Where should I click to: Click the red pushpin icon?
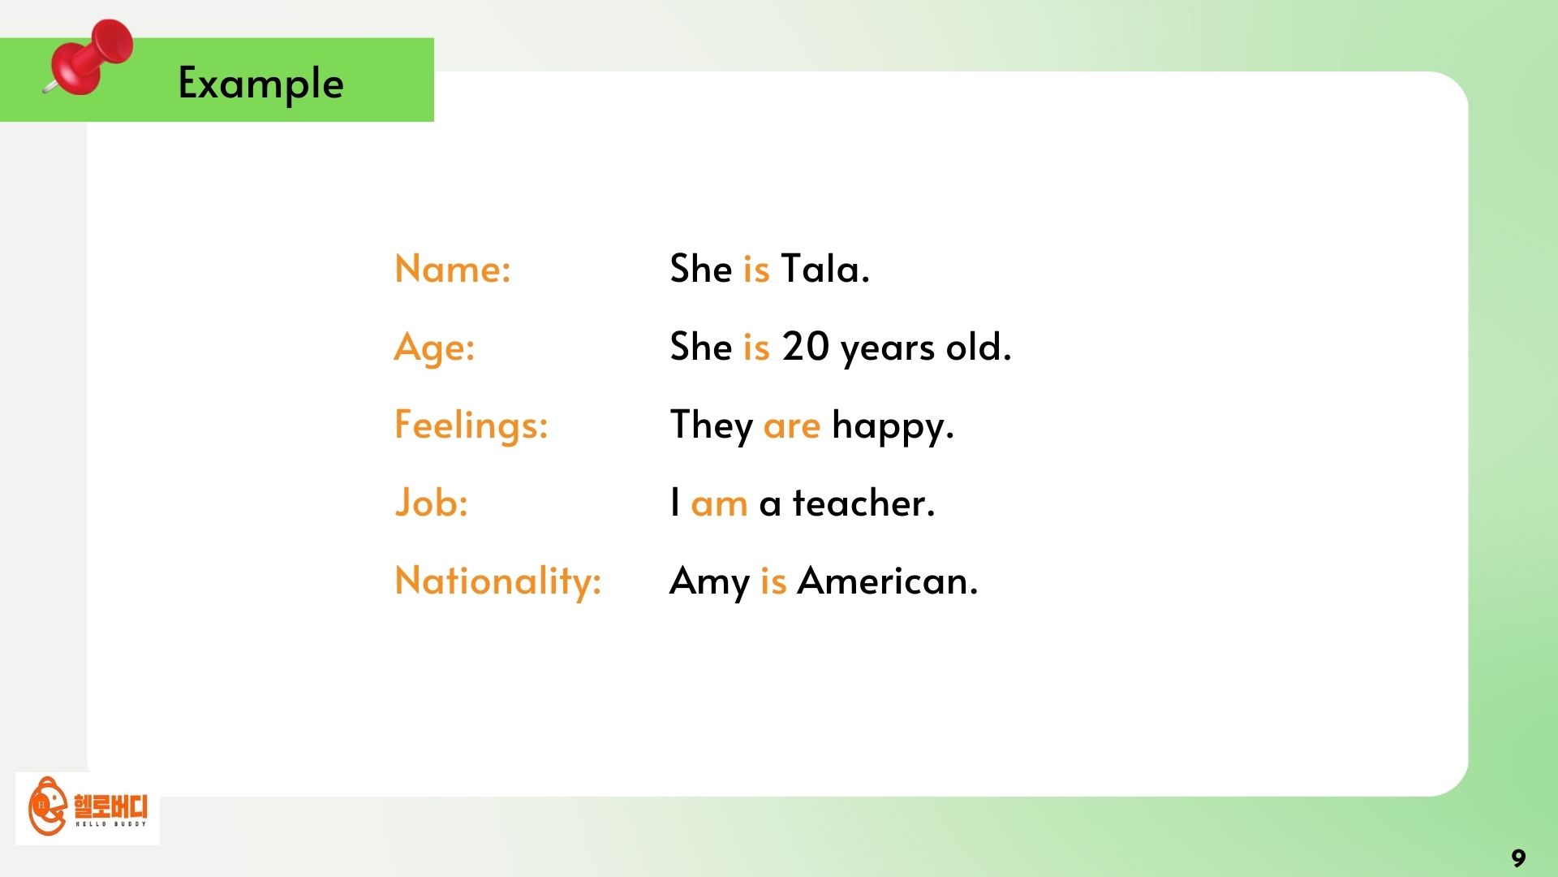[x=89, y=57]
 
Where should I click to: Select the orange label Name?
[x=452, y=269]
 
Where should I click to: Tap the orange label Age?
[x=434, y=348]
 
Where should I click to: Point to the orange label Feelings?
[x=471, y=426]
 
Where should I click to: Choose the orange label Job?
[x=431, y=503]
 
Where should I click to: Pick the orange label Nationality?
[x=497, y=581]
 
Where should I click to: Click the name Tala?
[x=824, y=269]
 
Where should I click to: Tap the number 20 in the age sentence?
[x=805, y=347]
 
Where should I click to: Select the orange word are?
[x=791, y=426]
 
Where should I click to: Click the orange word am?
[x=719, y=504]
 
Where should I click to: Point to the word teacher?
[x=863, y=503]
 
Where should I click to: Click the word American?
[x=887, y=581]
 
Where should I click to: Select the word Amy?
[x=709, y=582]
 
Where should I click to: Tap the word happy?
[x=893, y=426]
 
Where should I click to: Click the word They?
[x=711, y=426]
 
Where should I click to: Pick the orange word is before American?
[x=773, y=581]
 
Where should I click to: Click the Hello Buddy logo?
[x=88, y=807]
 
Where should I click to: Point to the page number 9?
[x=1518, y=858]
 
